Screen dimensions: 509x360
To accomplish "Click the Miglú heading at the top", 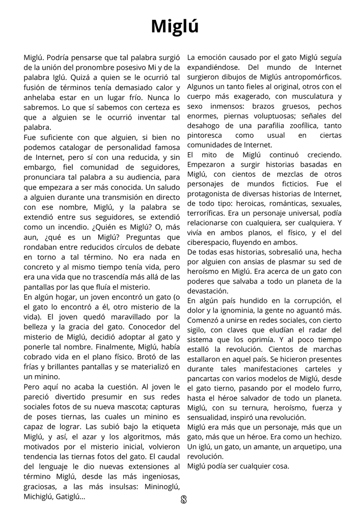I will coord(175,26).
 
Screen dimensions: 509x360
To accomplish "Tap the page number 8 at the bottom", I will coord(184,499).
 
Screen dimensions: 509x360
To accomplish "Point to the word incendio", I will coord(51,227).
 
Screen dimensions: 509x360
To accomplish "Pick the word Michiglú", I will coord(40,496).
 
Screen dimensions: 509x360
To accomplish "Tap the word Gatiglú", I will coord(70,496).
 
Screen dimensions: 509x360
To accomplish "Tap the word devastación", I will coord(208,291).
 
